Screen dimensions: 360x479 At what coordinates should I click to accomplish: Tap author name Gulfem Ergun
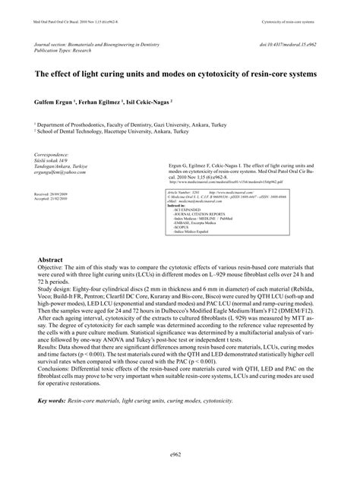pos(54,100)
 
